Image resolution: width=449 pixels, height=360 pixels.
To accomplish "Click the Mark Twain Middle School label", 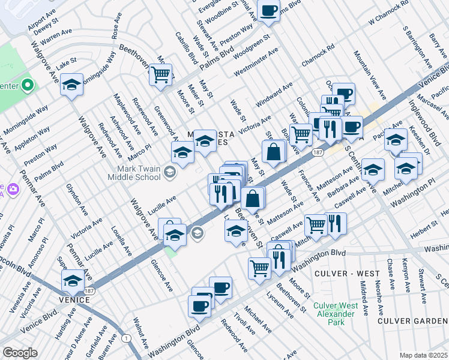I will [x=134, y=173].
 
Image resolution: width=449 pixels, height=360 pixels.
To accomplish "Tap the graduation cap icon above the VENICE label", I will [x=72, y=280].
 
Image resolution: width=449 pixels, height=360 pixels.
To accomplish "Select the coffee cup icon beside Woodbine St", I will [x=268, y=10].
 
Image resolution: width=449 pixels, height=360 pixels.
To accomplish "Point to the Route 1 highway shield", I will [x=126, y=338].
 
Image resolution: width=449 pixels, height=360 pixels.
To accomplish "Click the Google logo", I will [x=20, y=353].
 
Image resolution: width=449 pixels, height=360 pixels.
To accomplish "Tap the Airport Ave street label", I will [x=42, y=20].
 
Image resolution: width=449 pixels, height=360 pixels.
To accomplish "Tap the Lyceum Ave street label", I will [x=279, y=309].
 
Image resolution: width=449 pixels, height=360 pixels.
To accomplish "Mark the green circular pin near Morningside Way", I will [x=26, y=85].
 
